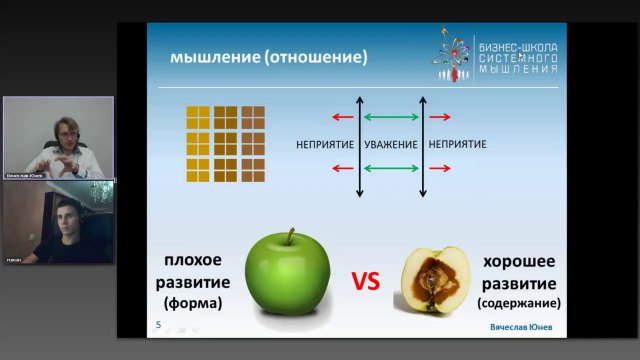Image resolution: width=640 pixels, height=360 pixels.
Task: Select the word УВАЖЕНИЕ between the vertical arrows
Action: [x=391, y=145]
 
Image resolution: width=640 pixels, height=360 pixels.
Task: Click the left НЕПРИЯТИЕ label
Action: [x=325, y=145]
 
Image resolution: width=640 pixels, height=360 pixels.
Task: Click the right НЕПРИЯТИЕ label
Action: [x=457, y=145]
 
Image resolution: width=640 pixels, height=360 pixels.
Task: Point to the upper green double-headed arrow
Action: [x=391, y=118]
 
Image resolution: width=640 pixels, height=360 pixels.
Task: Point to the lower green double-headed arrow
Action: [x=391, y=168]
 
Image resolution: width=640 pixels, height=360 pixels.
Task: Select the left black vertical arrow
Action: [x=359, y=145]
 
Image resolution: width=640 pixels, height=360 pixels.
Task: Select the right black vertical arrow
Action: [x=423, y=145]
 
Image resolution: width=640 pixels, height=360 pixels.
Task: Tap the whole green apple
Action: [x=287, y=280]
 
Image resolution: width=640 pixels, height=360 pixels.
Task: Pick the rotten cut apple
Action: [x=435, y=280]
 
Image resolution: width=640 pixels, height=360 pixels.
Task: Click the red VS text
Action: [x=365, y=282]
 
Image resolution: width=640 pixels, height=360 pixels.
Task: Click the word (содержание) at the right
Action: [x=519, y=302]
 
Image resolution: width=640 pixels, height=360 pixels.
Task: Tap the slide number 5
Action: [x=157, y=325]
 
